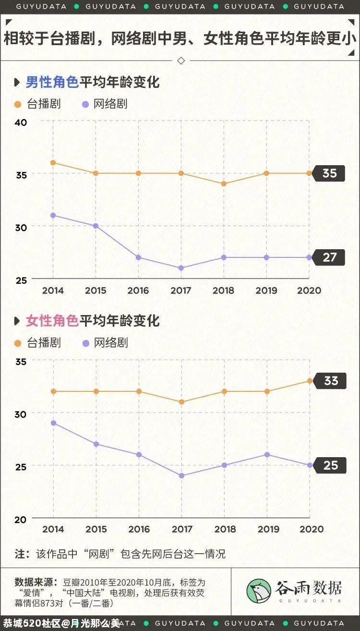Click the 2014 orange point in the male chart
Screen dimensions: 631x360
53,163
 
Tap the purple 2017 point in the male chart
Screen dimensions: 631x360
181,268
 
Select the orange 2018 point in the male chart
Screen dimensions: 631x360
224,184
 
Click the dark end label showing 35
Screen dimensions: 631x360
329,173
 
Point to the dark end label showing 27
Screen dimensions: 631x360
329,257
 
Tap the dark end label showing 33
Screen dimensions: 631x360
330,381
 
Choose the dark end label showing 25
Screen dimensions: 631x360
330,465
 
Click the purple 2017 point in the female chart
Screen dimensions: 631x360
181,476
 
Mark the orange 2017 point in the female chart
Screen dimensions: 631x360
181,402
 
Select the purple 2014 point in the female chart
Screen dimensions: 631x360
53,423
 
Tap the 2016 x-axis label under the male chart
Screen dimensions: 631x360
138,291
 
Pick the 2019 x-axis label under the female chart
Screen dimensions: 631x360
268,529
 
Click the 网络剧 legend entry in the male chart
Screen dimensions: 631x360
105,104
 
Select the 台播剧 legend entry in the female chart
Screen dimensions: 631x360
38,343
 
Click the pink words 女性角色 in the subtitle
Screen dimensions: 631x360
52,321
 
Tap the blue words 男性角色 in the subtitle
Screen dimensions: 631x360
52,82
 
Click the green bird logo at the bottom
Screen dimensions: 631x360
259,592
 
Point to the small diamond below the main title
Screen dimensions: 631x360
181,61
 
